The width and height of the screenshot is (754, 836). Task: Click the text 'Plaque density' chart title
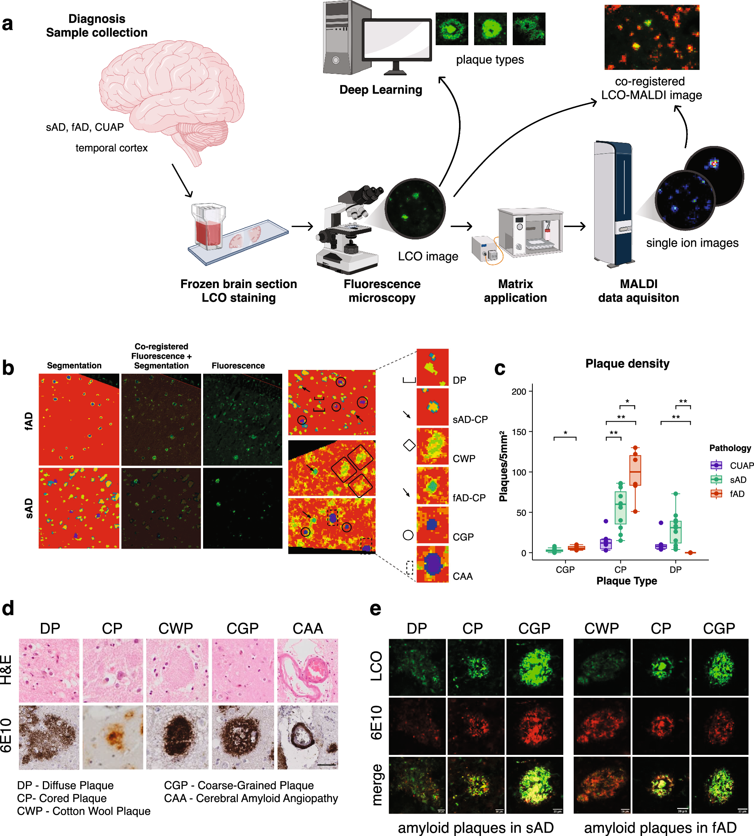(x=627, y=363)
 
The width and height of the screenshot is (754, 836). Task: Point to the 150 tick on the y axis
(x=518, y=432)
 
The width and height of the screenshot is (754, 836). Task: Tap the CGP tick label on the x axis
(x=565, y=570)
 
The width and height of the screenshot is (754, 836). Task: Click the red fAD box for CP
(x=635, y=470)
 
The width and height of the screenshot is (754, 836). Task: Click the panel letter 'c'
(x=500, y=368)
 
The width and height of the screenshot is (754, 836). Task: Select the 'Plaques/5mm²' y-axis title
(x=504, y=466)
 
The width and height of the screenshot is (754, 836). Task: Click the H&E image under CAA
(x=307, y=670)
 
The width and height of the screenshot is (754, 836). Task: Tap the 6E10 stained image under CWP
(x=177, y=738)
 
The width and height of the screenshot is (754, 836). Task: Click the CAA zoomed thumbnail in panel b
(x=432, y=564)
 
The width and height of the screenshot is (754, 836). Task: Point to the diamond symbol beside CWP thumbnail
(x=409, y=445)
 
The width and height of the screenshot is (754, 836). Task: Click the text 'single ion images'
(x=692, y=243)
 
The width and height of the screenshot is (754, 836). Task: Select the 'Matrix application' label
(x=515, y=291)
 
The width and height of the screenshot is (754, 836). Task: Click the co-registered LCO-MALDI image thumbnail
(x=652, y=37)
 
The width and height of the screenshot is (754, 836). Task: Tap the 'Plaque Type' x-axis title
(x=626, y=581)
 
